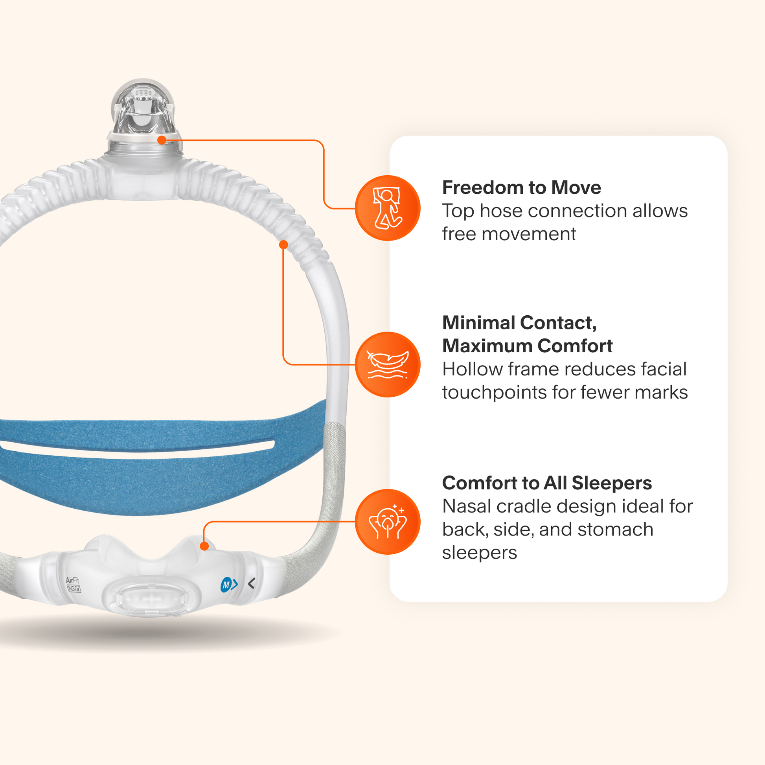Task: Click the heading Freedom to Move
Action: pos(521,188)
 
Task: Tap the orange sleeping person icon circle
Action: pos(388,208)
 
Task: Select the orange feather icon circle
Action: pos(388,364)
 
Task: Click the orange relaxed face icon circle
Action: pos(388,522)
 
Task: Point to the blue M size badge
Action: pos(226,585)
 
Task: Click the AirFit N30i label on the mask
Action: pos(73,585)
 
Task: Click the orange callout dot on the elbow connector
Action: pos(162,140)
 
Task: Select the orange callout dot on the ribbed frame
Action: pos(283,245)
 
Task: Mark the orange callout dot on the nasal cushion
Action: pos(204,546)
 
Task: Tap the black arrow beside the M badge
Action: pos(252,583)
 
